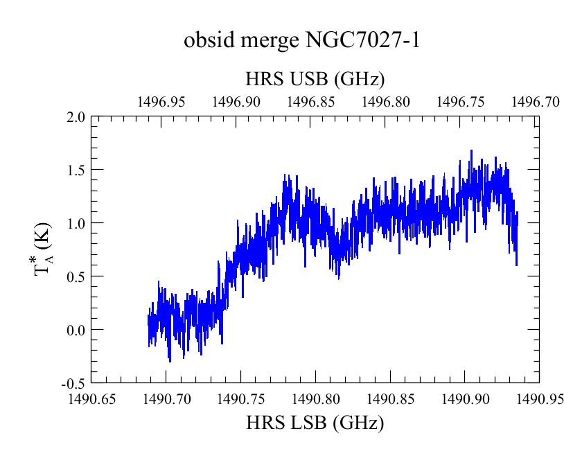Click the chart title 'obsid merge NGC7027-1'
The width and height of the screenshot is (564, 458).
click(302, 40)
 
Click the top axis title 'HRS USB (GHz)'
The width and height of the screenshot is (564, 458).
click(315, 79)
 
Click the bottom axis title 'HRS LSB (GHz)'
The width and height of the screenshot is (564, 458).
click(315, 423)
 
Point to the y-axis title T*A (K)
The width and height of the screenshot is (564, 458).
click(43, 249)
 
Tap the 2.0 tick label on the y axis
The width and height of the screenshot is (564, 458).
click(76, 117)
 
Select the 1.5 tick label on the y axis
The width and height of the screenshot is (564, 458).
click(76, 170)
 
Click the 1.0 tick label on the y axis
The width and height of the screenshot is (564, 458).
click(76, 223)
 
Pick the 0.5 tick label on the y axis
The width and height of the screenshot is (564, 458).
click(76, 276)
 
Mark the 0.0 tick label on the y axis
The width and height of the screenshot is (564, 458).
click(76, 330)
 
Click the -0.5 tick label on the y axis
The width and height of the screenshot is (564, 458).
click(73, 384)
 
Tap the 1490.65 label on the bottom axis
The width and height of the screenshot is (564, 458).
click(92, 398)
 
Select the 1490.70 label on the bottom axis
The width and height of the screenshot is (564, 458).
click(167, 398)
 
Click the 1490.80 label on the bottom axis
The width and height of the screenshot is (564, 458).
click(316, 398)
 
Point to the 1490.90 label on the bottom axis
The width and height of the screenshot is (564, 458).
click(466, 398)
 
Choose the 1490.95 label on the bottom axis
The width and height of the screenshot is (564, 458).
click(540, 398)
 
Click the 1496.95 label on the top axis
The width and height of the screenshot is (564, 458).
click(161, 102)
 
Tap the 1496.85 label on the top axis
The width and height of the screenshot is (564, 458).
click(311, 102)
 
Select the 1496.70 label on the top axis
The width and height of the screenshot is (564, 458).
click(536, 102)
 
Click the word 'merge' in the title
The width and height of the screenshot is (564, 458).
click(270, 41)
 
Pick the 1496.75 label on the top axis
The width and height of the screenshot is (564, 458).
click(460, 102)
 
